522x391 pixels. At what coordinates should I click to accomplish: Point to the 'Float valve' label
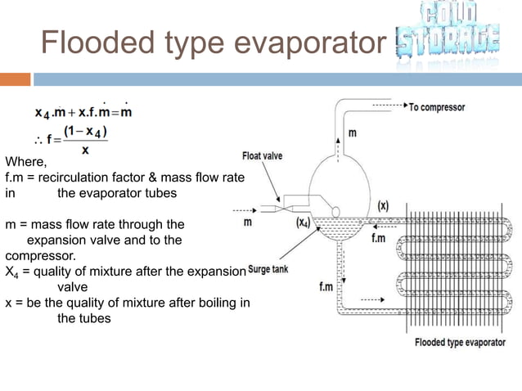click(263, 156)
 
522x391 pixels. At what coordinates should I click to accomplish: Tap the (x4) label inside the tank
click(303, 222)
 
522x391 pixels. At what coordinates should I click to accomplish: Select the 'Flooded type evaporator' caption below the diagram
click(460, 342)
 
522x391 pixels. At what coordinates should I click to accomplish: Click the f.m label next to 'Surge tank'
click(326, 287)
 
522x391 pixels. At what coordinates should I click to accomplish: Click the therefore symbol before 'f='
click(38, 138)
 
